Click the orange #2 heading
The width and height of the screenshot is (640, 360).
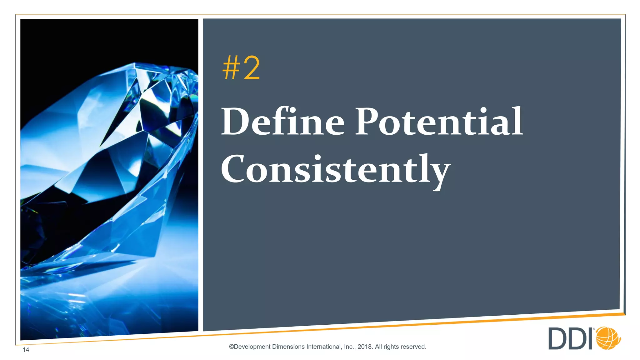coord(241,68)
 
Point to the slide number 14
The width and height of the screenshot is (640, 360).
coord(26,350)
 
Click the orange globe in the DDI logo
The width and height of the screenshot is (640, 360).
coord(608,338)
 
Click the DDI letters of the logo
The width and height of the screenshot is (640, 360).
coord(571,339)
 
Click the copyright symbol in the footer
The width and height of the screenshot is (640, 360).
coord(232,347)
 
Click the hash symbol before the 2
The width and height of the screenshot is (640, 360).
coord(231,68)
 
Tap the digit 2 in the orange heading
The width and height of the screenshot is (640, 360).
coord(252,68)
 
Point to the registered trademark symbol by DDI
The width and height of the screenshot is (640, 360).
coord(593,329)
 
